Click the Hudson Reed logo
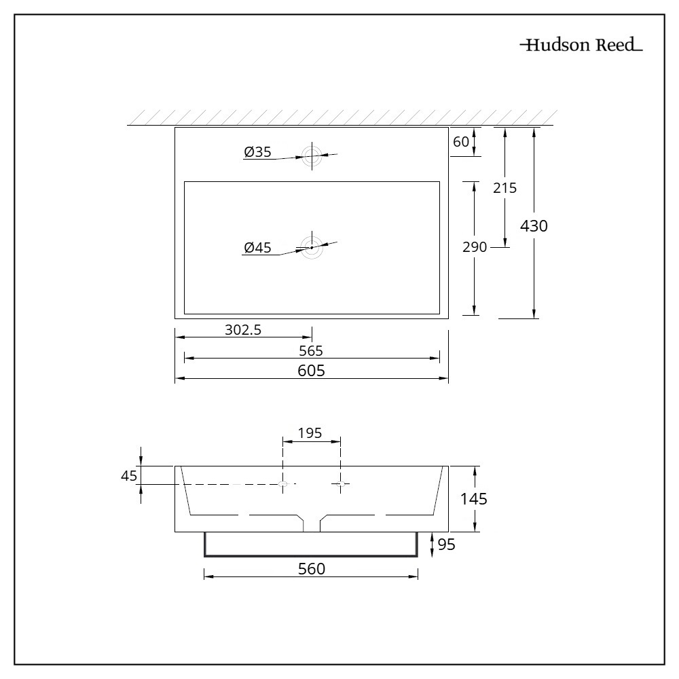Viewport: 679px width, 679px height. (581, 46)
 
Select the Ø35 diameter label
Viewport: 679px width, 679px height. (257, 153)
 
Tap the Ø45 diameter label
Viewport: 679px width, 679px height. (257, 248)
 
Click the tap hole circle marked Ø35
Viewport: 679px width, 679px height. (312, 155)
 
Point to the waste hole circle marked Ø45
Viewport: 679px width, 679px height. (312, 247)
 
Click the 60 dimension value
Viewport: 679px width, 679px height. (461, 141)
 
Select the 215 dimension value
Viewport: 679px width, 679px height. (504, 188)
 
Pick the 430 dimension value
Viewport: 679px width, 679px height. (534, 226)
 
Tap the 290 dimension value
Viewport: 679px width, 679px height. (475, 247)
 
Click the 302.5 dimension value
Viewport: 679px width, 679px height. (243, 330)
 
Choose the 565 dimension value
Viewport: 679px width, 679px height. (311, 350)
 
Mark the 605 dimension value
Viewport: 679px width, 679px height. (311, 370)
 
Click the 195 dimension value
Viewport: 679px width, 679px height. (310, 433)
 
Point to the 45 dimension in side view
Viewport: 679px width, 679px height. (129, 476)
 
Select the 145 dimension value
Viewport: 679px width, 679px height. (474, 499)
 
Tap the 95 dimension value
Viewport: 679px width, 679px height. (445, 544)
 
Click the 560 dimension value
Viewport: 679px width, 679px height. (312, 569)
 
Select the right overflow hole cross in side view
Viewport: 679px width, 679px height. (341, 483)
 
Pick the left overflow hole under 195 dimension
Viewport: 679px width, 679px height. (284, 483)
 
